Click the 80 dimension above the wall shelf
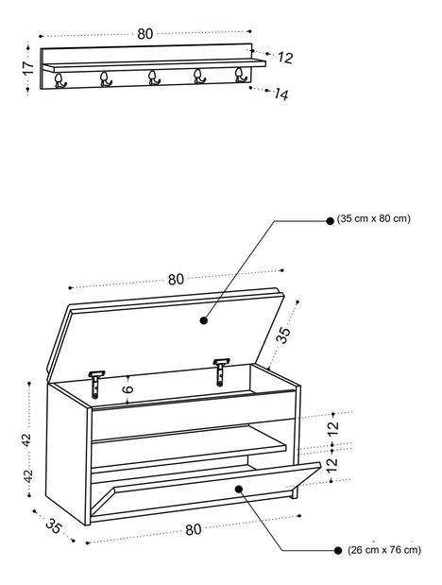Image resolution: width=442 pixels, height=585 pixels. point(145,34)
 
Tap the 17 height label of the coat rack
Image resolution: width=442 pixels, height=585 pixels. point(28,68)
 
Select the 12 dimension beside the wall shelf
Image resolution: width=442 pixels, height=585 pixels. point(285,58)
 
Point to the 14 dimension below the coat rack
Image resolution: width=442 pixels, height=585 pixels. point(280,95)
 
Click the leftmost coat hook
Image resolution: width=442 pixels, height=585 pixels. point(59,80)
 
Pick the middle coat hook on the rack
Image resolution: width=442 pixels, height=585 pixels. point(153,78)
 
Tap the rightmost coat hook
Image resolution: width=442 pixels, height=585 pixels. point(241,75)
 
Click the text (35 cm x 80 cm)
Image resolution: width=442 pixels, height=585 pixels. point(373,218)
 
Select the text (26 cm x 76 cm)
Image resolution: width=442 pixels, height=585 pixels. point(384,549)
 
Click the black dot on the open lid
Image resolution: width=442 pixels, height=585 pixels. point(204,320)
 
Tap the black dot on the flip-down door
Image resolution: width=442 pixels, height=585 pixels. point(239,489)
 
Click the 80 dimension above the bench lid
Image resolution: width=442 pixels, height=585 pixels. point(176,280)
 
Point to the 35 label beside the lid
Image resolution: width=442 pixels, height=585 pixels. point(283,336)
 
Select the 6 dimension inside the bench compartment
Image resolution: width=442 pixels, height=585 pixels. point(127,388)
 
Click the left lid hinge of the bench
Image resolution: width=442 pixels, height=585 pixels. point(96,385)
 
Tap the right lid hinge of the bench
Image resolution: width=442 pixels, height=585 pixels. point(221,372)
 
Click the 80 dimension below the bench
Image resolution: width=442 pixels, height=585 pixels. point(194,529)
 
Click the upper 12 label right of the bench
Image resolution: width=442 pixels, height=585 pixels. point(333,428)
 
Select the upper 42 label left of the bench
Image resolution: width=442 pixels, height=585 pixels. point(27,439)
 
